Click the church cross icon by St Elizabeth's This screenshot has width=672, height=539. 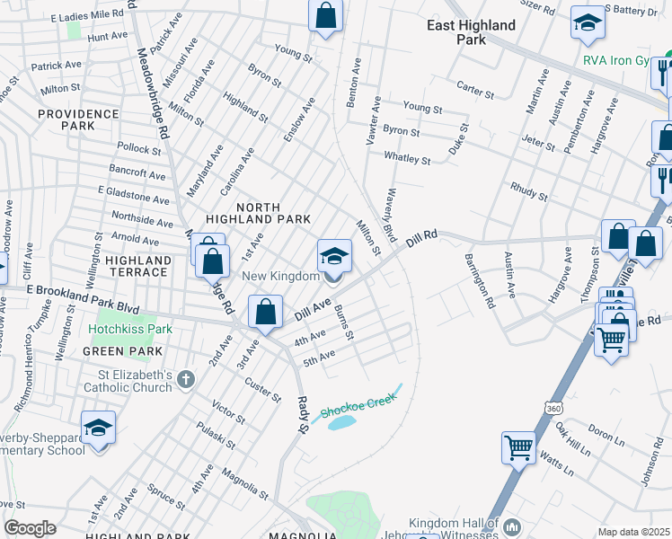tap(186, 379)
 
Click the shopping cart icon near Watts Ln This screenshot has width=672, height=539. tap(519, 446)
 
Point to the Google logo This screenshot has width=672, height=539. tap(30, 528)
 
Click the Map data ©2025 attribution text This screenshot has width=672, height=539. tap(633, 532)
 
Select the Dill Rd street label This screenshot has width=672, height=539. tap(420, 239)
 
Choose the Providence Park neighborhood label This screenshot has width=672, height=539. tap(79, 119)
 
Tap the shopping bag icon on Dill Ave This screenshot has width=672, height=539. tap(265, 312)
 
